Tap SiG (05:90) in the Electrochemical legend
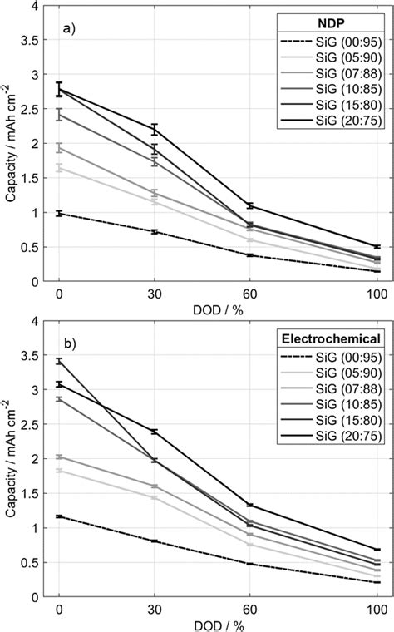341,372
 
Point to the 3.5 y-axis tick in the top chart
32,39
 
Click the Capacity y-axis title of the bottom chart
9,458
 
